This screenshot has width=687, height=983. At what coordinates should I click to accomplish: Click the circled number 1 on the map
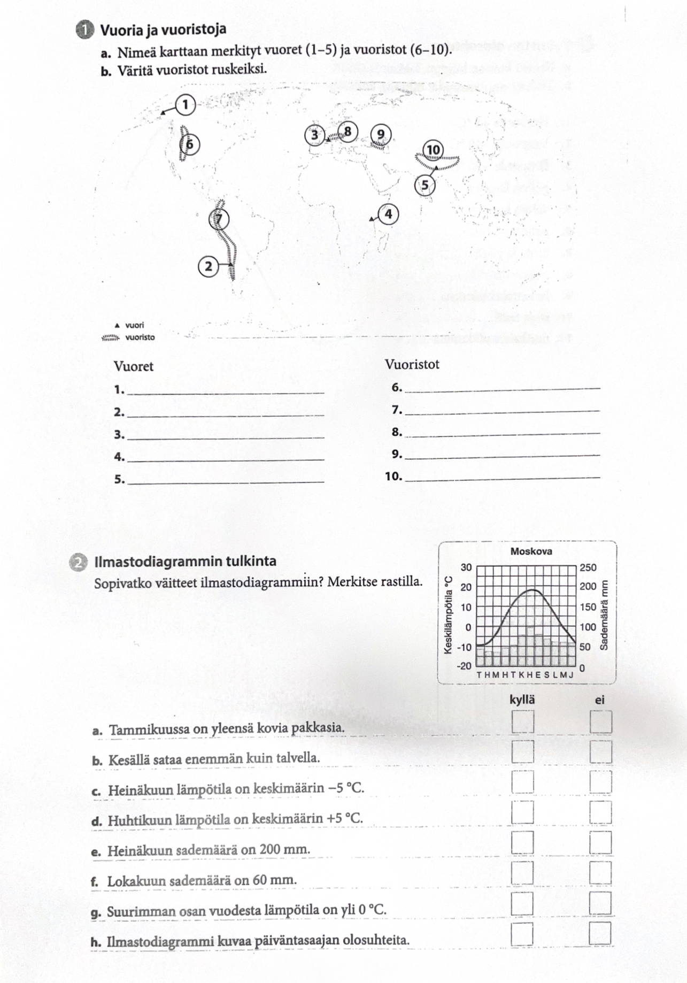point(186,104)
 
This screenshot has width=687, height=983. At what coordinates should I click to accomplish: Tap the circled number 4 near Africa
point(388,214)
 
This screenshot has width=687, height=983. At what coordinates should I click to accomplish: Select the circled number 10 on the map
point(433,150)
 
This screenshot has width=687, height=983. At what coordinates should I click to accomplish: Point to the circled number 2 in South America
point(209,266)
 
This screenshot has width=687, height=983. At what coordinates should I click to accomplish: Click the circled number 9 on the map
point(381,134)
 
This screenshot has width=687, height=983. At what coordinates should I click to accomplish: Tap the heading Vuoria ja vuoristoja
point(163,29)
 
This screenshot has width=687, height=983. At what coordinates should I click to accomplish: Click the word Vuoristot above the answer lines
point(412,365)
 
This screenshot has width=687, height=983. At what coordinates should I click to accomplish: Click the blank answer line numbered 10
point(503,478)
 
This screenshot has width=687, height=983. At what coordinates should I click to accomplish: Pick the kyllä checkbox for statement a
point(522,721)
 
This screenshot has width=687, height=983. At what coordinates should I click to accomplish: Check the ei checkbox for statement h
point(600,934)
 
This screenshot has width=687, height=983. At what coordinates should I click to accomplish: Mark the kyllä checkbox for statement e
point(522,843)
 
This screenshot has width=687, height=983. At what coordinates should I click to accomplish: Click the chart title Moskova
point(531,551)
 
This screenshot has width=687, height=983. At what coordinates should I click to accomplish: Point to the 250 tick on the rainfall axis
point(588,567)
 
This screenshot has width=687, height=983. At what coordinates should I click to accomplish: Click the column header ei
point(600,700)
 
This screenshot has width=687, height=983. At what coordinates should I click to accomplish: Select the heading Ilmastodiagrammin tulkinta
point(185,562)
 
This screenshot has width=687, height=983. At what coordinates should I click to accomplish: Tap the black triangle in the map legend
point(117,325)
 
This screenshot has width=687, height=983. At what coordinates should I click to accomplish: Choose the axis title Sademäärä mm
point(604,615)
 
